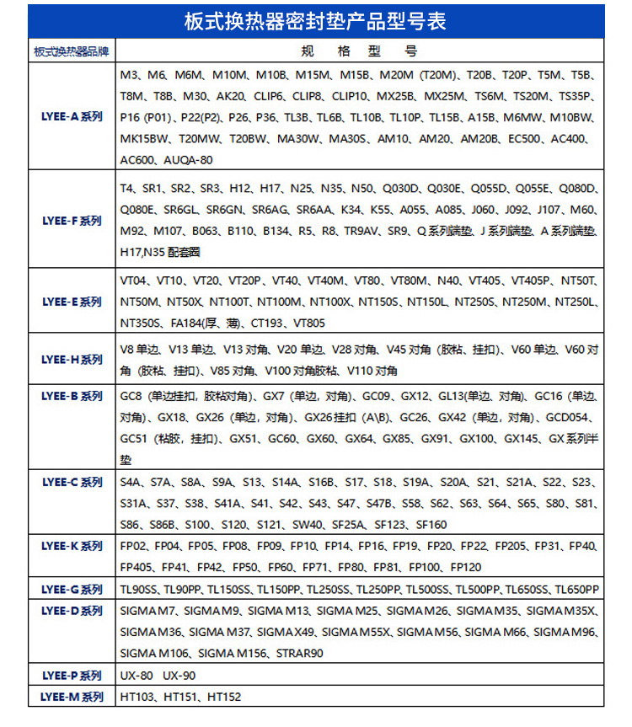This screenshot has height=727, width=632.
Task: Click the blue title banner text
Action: (315, 21)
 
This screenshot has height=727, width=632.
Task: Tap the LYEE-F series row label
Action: (72, 221)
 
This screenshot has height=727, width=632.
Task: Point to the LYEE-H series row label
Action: (72, 360)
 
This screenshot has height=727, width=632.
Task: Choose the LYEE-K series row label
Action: (72, 547)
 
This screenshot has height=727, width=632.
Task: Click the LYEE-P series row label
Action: (72, 675)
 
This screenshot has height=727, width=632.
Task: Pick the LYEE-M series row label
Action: (72, 697)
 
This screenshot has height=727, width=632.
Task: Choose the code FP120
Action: (466, 567)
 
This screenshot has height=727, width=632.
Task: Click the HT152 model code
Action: (224, 697)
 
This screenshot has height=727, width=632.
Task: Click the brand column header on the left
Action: (72, 51)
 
